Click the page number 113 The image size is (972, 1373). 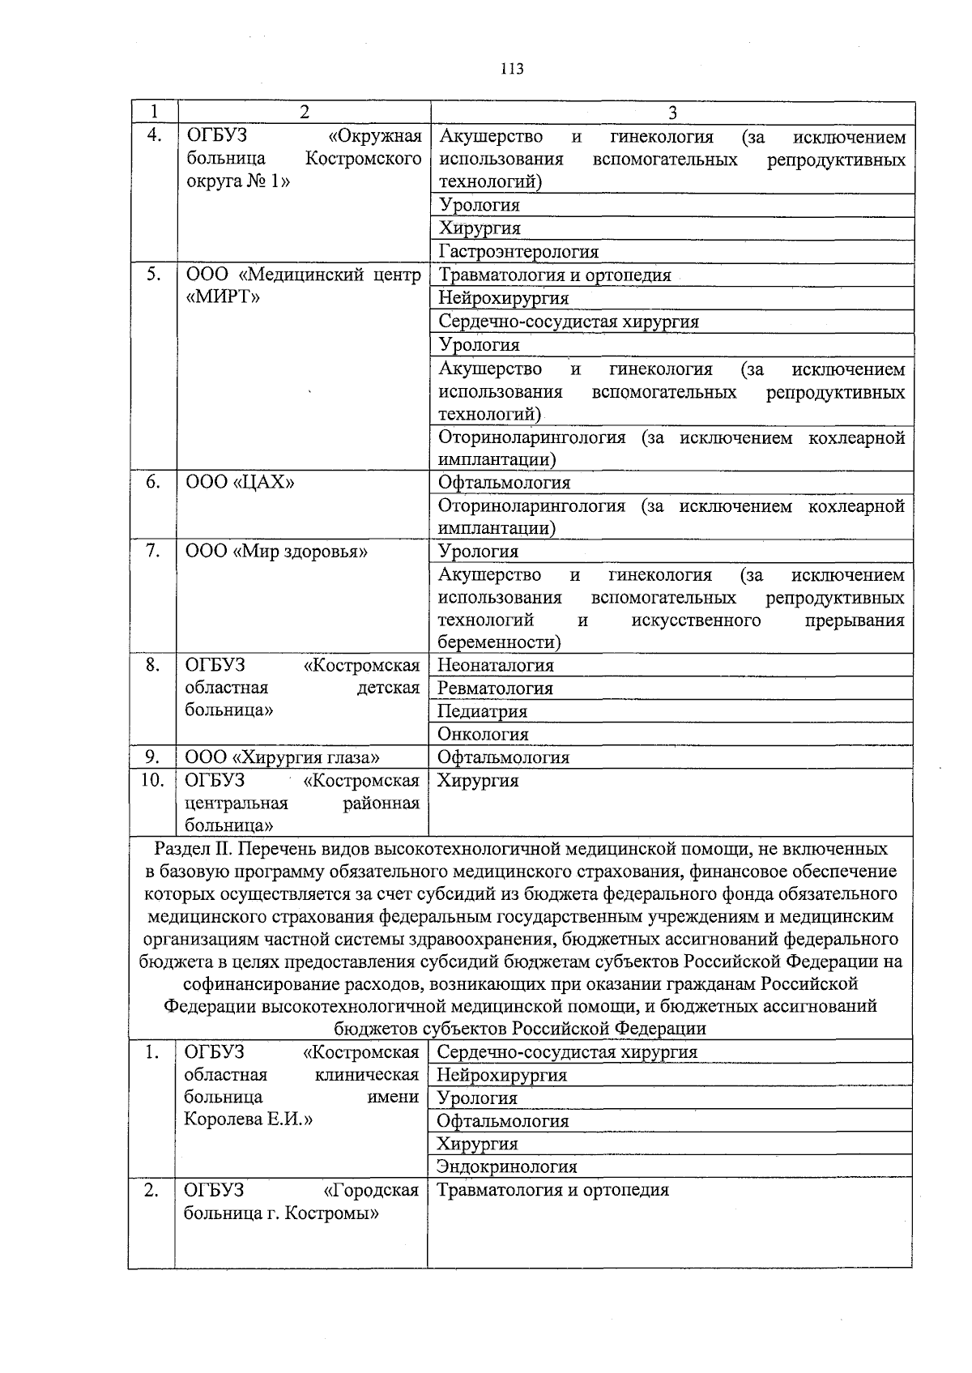click(512, 69)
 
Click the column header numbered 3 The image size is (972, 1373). click(671, 113)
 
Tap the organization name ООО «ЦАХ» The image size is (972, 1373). click(241, 483)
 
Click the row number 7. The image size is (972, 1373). click(153, 552)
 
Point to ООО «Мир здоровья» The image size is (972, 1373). click(276, 552)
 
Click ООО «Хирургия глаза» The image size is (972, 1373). click(282, 758)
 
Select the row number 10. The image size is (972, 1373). click(152, 781)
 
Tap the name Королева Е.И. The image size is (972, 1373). click(249, 1119)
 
